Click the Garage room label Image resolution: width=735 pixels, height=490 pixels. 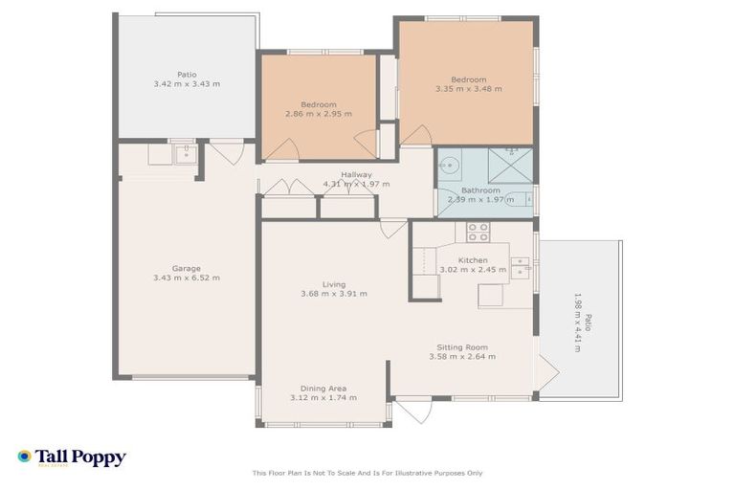click(x=186, y=268)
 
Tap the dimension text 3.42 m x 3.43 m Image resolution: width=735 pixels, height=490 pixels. click(x=186, y=84)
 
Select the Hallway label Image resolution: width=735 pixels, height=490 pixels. click(x=356, y=174)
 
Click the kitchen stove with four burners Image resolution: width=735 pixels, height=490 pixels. click(x=478, y=232)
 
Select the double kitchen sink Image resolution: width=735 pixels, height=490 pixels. click(x=520, y=266)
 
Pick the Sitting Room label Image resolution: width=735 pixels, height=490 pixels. click(x=462, y=347)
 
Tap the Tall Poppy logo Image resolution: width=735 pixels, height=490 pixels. click(x=71, y=457)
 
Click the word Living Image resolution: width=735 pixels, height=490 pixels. click(x=333, y=284)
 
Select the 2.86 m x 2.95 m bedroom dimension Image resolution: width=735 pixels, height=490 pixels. click(x=318, y=113)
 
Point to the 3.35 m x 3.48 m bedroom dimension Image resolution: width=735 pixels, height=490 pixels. click(x=468, y=89)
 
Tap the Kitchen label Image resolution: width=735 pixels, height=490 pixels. click(x=473, y=259)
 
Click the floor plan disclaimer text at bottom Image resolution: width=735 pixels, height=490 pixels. click(x=367, y=473)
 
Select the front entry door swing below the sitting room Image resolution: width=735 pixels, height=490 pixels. click(x=412, y=411)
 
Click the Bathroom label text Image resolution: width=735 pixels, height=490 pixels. click(x=480, y=190)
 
